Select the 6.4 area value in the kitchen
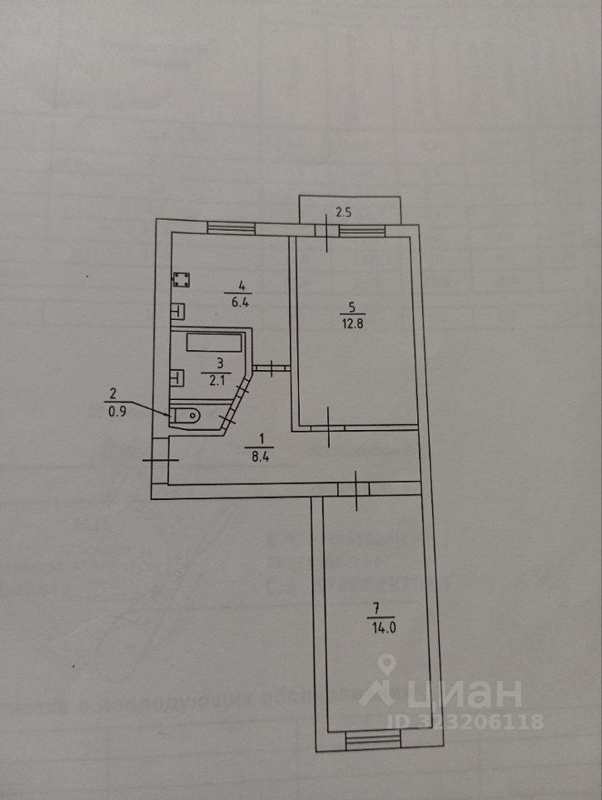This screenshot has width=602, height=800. [x=241, y=302]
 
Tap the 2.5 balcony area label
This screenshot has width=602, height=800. [x=343, y=212]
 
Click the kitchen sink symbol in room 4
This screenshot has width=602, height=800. [x=177, y=312]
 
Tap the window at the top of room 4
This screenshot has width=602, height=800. [x=230, y=227]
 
